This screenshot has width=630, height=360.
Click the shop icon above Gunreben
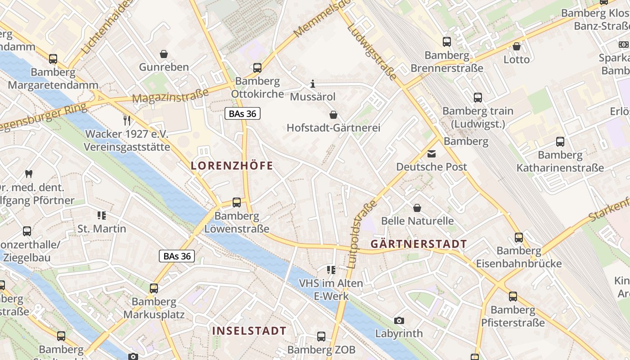[x=164, y=54]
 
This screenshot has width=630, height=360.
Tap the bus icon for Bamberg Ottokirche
[x=257, y=68]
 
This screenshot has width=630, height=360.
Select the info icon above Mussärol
[x=313, y=84]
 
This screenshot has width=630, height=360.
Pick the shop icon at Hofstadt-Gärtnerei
[x=333, y=115]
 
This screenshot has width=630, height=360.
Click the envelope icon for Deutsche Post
[x=432, y=154]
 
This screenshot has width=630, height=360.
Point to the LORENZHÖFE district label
[x=232, y=166]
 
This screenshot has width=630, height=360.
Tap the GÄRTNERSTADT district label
[x=418, y=244]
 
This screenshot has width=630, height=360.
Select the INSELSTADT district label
[x=249, y=331]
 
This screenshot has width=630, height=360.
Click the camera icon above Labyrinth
[x=399, y=320]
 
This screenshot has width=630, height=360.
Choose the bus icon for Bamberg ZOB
[x=321, y=337]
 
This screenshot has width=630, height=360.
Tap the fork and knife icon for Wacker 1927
[x=127, y=120]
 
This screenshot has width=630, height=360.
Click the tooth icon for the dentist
[x=29, y=174]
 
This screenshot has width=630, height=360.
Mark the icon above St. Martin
[x=102, y=216]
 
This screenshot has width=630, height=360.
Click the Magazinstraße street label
[x=171, y=95]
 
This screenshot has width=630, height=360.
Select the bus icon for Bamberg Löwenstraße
[x=237, y=202]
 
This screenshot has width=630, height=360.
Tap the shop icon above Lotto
[x=517, y=46]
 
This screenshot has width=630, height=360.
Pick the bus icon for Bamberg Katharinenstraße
[x=560, y=142]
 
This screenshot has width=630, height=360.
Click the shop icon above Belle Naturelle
[x=417, y=208]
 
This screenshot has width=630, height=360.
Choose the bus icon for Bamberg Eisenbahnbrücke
[x=519, y=237]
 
